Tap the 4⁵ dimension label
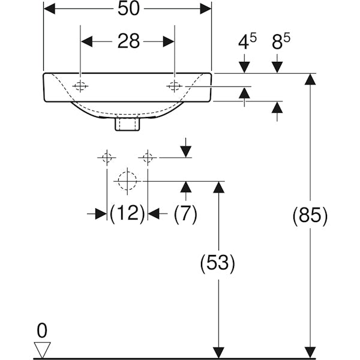247,42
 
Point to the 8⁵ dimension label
280,42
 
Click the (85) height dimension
310,215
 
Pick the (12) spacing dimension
127,213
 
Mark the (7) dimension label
185,213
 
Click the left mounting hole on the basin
80,86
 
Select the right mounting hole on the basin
174,86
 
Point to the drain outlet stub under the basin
127,124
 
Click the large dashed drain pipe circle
127,180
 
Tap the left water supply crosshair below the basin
107,158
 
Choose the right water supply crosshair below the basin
147,158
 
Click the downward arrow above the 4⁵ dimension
245,66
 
